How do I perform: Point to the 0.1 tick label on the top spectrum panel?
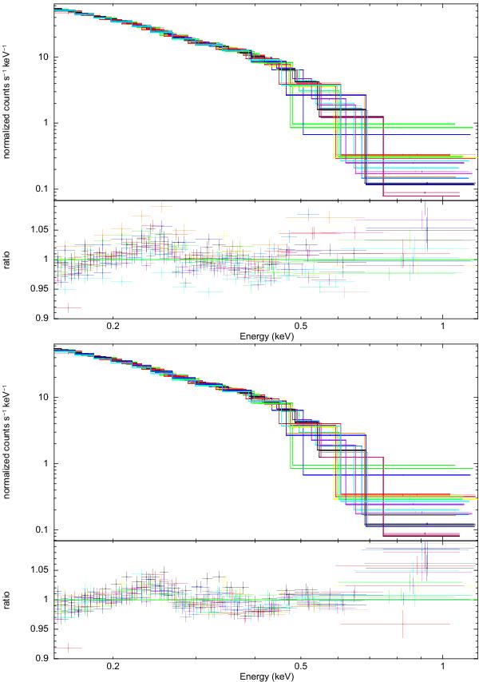pos(43,188)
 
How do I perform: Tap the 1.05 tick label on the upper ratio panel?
pos(41,229)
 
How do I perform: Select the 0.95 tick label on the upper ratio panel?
pos(41,288)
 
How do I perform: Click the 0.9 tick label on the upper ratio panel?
pos(43,318)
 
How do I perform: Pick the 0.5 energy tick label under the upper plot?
pos(301,327)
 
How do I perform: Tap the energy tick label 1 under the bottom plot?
pos(443,667)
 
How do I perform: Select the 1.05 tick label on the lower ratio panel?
pos(41,569)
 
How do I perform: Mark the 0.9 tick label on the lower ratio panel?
pos(43,658)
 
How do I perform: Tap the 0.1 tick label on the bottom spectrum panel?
pos(43,529)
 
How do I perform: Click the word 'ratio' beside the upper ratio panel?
pos(10,260)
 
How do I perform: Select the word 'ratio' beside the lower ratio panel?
pos(10,600)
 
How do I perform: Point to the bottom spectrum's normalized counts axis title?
pos(10,443)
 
